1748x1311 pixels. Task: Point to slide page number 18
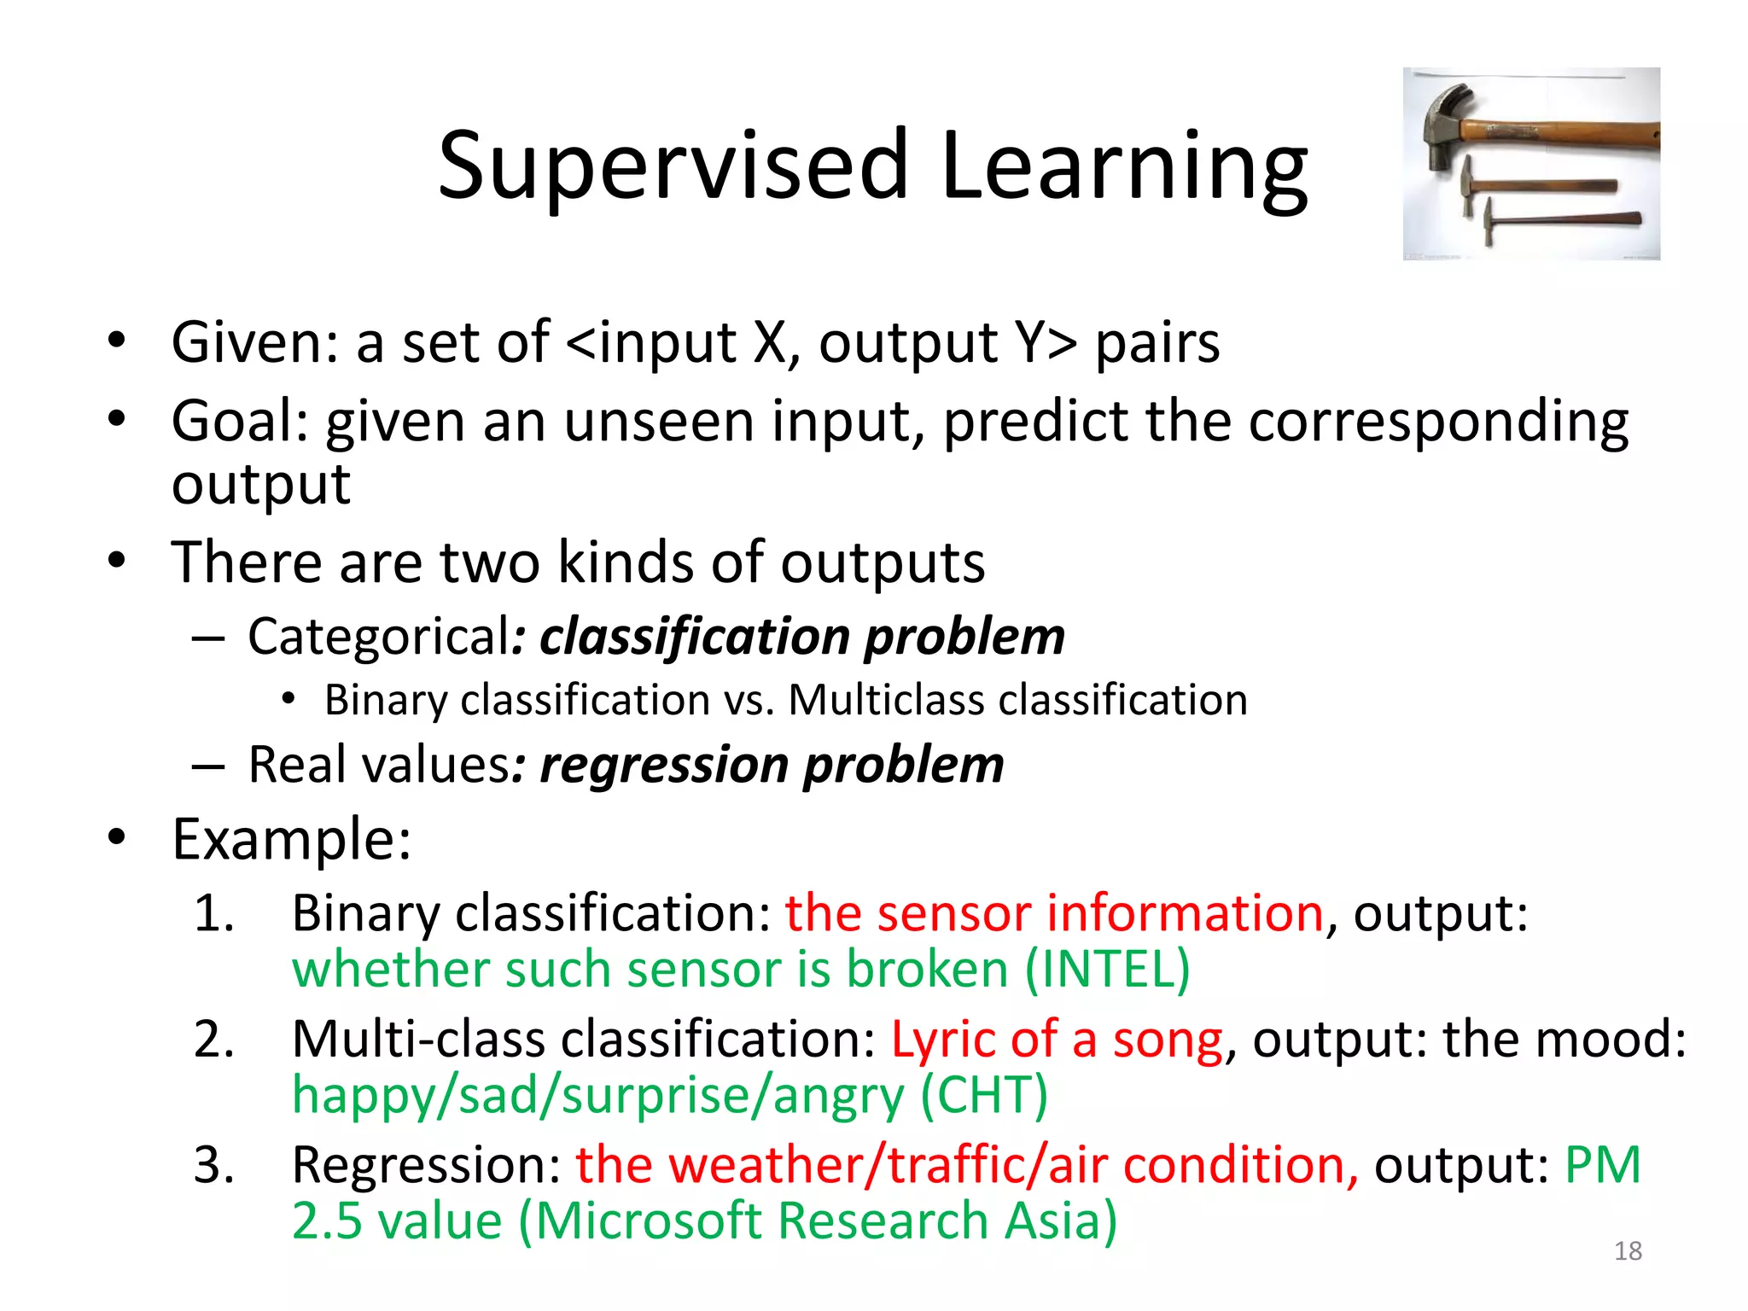(x=1628, y=1251)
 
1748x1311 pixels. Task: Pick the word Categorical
(x=379, y=637)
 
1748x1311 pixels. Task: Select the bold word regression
(x=663, y=765)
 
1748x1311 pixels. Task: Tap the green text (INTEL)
(x=1107, y=970)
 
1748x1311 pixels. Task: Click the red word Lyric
(x=942, y=1040)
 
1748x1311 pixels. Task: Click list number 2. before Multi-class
(x=214, y=1040)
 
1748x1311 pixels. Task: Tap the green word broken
(x=927, y=970)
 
